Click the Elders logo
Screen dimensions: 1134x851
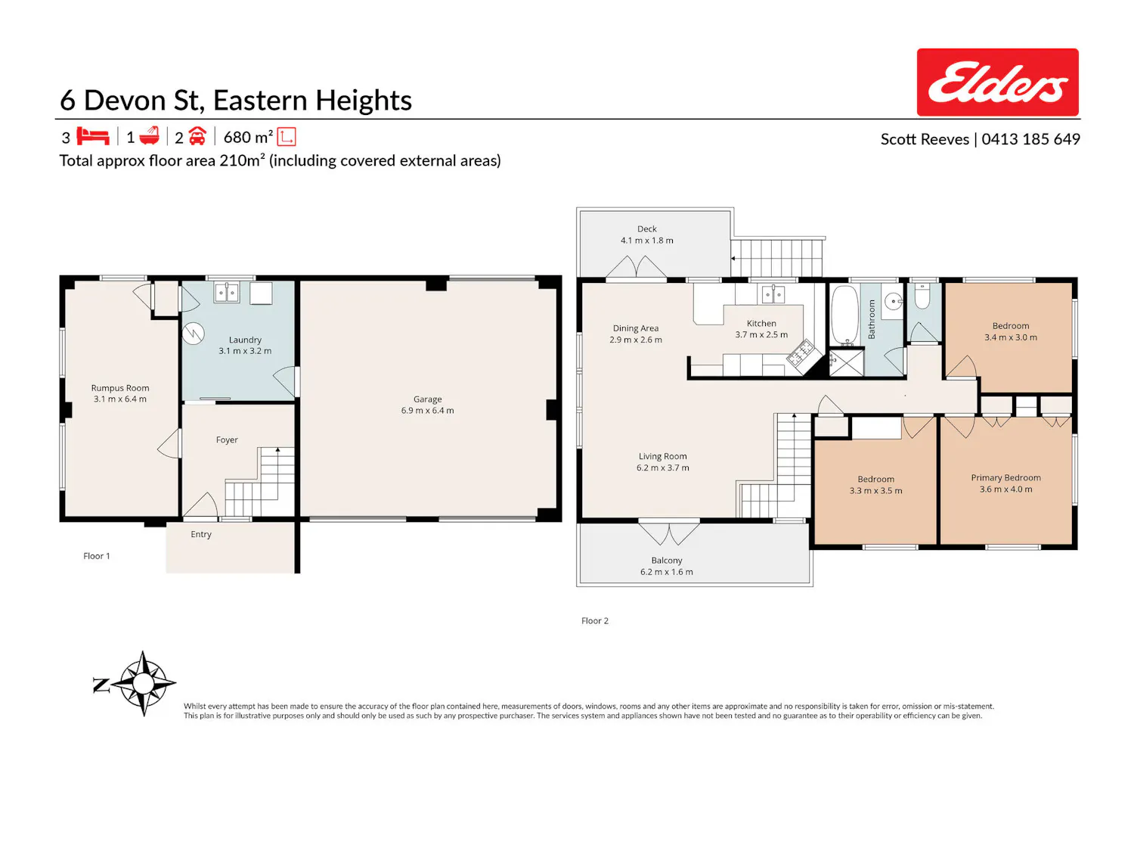point(996,82)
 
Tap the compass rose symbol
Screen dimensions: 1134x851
point(143,682)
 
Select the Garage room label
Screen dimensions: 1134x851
point(427,399)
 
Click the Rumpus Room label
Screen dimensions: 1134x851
point(120,387)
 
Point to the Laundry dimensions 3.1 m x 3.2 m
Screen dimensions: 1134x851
point(245,351)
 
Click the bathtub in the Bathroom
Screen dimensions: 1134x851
point(844,315)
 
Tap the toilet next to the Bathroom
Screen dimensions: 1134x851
point(922,296)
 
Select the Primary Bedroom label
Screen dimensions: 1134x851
point(1005,477)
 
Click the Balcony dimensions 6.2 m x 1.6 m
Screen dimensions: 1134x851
point(667,571)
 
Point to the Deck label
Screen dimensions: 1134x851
point(647,228)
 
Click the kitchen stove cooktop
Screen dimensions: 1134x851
point(799,353)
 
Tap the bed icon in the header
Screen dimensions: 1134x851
point(93,136)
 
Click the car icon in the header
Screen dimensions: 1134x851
point(197,136)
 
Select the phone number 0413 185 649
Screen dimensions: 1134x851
point(1030,139)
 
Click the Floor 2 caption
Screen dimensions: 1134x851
point(595,620)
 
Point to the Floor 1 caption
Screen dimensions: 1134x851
point(97,556)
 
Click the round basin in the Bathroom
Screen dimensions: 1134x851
point(893,301)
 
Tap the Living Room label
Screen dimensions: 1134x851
point(662,456)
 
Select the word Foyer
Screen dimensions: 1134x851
point(227,439)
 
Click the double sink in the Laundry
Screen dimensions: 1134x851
point(226,293)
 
